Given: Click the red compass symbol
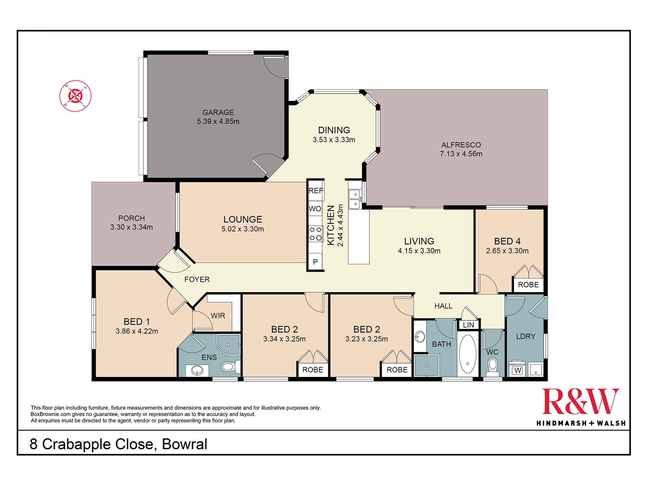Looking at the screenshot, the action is (75, 96).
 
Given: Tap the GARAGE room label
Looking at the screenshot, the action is (218, 113).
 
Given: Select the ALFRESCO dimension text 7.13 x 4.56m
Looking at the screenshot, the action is (461, 154).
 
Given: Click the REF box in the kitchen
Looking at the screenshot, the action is (316, 191).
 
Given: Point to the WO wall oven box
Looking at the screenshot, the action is (315, 209).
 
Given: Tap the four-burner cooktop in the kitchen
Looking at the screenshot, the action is (316, 234).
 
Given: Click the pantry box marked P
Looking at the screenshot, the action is (315, 262).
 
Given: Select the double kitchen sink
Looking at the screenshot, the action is (355, 199).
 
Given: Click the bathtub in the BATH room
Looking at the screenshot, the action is (468, 354).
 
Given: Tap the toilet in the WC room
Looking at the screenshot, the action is (493, 367).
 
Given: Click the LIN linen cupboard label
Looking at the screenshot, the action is (468, 325).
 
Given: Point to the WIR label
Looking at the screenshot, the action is (218, 316).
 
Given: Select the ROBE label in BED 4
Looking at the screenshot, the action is (528, 285).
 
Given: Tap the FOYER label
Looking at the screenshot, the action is (197, 279).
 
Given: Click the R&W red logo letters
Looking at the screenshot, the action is (581, 401).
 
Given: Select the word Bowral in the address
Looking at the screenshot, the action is (185, 444).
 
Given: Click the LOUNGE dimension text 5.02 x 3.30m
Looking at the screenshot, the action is (243, 229).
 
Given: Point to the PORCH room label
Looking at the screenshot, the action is (131, 218).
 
